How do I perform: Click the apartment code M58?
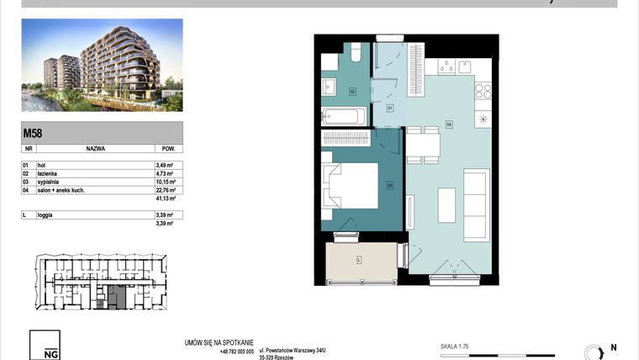33,132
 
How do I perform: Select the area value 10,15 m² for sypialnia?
164,182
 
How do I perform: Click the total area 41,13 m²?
164,199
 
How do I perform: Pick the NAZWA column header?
95,147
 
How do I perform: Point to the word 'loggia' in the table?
47,216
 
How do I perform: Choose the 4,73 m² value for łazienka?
164,173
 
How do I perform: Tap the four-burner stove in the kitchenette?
483,89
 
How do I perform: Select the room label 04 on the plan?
449,124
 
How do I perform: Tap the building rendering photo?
101,66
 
